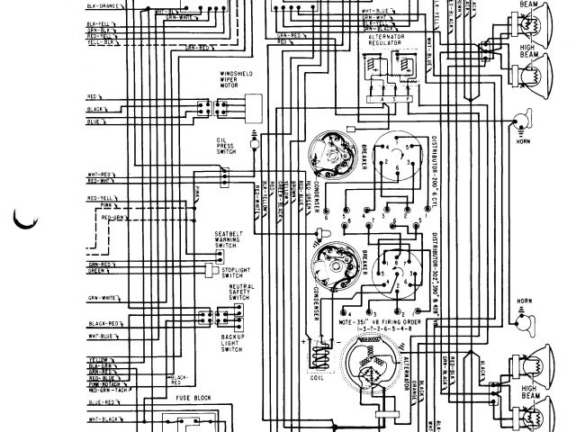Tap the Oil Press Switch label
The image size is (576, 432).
pyautogui.click(x=226, y=146)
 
